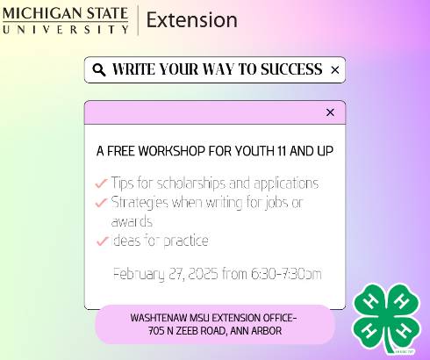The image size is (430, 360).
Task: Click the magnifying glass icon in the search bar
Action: (98, 69)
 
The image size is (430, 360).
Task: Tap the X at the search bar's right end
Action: (334, 69)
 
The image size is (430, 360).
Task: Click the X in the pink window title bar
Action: (330, 112)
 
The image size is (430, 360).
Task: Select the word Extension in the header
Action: (191, 19)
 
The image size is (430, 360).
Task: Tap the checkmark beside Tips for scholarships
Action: (101, 184)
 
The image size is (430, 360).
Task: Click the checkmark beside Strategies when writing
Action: (101, 203)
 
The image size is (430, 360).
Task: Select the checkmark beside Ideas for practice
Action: (101, 241)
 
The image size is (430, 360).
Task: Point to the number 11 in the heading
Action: (284, 151)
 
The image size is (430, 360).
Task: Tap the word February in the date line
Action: (140, 274)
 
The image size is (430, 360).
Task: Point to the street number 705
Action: (159, 330)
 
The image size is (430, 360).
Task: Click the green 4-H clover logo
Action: (386, 319)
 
